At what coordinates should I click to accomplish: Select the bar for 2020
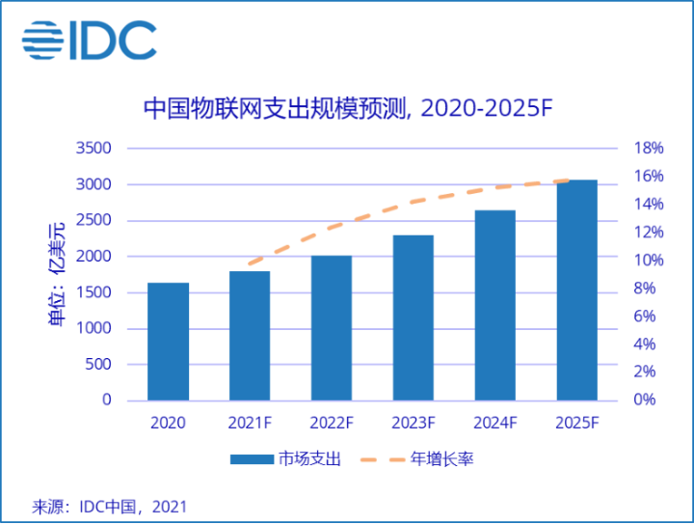point(168,342)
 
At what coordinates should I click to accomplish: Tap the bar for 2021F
point(250,336)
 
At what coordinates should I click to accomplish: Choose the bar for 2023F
point(414,317)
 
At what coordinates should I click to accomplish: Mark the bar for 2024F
point(495,305)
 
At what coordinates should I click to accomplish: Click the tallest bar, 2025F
point(576,290)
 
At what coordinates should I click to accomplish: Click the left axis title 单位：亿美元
point(57,274)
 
